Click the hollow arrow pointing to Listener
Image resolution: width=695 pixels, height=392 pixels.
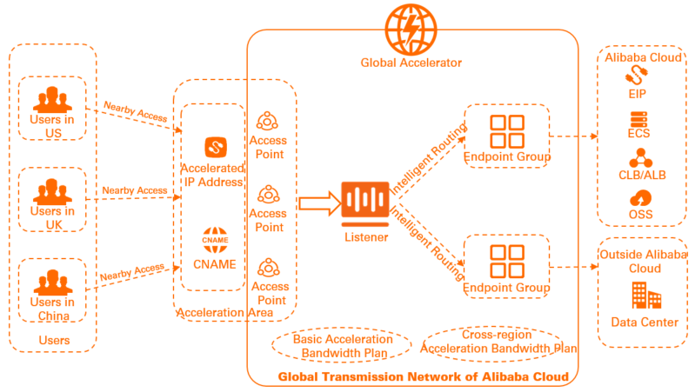pyautogui.click(x=317, y=203)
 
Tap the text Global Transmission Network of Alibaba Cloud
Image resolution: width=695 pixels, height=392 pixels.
pyautogui.click(x=423, y=376)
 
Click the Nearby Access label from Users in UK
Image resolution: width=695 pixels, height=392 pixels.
pyautogui.click(x=135, y=190)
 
